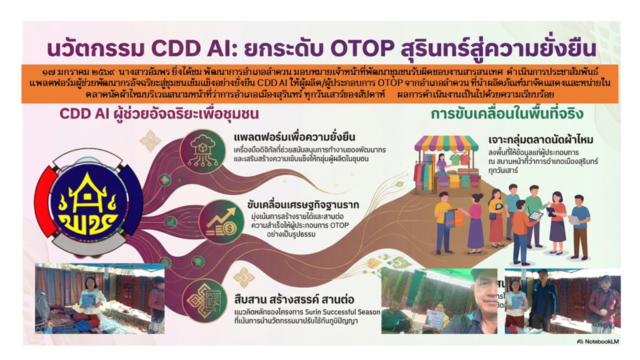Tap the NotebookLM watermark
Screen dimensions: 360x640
597,341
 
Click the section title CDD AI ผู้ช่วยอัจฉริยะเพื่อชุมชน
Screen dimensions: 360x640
158,114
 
